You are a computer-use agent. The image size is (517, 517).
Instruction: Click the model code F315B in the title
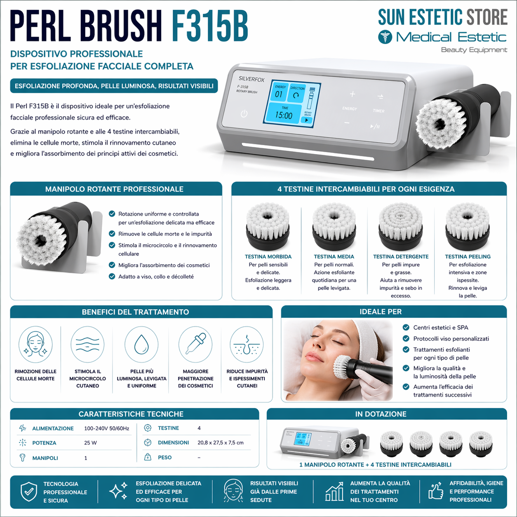(x=209, y=26)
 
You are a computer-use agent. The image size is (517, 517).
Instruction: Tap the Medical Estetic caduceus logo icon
(x=385, y=37)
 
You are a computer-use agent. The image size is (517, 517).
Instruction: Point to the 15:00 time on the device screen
(x=284, y=115)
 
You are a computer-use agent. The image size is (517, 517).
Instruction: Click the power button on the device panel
(x=244, y=113)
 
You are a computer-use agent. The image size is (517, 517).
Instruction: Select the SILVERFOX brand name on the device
(x=251, y=79)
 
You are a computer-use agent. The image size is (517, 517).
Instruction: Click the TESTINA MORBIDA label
(x=268, y=256)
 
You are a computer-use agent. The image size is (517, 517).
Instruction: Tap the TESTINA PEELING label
(x=468, y=256)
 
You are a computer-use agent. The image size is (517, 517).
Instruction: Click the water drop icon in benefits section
(x=141, y=344)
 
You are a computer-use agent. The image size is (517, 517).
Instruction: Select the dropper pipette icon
(x=195, y=344)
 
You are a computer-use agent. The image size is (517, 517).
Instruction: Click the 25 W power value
(x=90, y=443)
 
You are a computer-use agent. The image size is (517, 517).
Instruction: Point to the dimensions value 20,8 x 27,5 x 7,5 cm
(x=220, y=442)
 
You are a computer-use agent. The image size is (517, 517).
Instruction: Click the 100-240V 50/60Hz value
(x=106, y=428)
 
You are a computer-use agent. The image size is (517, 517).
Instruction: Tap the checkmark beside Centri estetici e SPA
(x=406, y=327)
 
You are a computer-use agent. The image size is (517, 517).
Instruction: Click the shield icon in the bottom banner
(x=29, y=491)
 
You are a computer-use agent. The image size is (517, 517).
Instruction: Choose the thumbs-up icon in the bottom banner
(x=435, y=491)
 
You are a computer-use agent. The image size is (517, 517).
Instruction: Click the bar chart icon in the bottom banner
(x=334, y=491)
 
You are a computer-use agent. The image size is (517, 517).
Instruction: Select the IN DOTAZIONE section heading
(x=381, y=414)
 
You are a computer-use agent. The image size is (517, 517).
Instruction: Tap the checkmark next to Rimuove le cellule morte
(x=112, y=234)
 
